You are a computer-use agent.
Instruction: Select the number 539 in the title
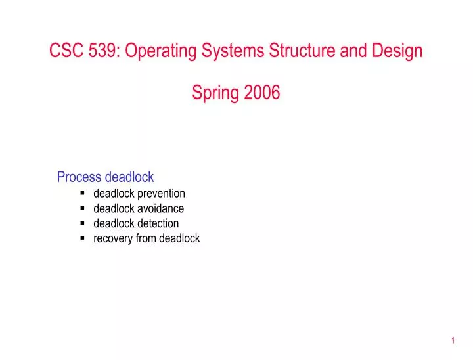point(101,51)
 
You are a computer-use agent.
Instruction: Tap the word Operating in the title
point(156,52)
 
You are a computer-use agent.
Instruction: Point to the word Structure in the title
point(298,51)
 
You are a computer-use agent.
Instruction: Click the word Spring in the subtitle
point(215,94)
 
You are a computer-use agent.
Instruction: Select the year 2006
point(262,93)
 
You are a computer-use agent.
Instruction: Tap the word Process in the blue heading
point(79,177)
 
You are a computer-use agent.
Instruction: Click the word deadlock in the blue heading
point(129,177)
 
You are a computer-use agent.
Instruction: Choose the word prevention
point(162,194)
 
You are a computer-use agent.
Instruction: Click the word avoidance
point(161,209)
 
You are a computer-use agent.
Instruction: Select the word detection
point(158,223)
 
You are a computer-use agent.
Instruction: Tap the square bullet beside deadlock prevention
point(83,194)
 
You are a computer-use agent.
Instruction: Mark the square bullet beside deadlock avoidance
point(83,208)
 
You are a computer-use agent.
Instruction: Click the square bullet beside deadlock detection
point(83,223)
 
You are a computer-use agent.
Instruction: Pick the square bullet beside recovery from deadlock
point(83,238)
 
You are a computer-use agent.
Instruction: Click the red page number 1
point(453,340)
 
